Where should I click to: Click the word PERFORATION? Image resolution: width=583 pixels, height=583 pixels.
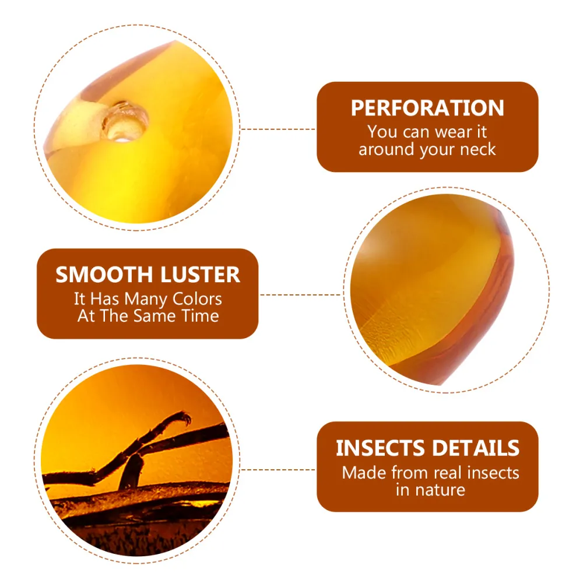pos(427,108)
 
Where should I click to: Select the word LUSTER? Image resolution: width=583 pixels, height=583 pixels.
pos(200,275)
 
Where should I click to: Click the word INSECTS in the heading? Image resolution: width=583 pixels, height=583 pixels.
pos(380,448)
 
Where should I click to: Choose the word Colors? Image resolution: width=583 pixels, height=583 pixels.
pos(197,299)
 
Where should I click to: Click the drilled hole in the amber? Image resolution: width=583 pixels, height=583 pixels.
pos(124,123)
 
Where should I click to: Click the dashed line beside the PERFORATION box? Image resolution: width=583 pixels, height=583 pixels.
pos(278,129)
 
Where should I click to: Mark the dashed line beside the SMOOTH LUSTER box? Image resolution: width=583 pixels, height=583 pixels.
pos(300,294)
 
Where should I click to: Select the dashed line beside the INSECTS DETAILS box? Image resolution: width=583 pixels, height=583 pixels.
pos(278,469)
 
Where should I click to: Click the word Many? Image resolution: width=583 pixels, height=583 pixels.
pos(146,300)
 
